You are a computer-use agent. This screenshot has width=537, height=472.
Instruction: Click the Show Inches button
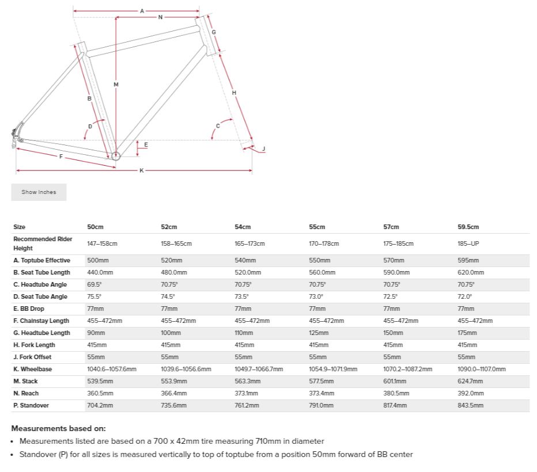click(39, 192)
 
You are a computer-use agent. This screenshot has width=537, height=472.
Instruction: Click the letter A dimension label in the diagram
click(142, 11)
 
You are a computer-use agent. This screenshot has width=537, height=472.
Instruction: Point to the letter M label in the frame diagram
click(116, 85)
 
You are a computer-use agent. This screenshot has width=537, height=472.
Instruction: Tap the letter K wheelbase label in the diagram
click(141, 170)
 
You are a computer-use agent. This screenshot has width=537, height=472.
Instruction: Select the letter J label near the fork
click(263, 149)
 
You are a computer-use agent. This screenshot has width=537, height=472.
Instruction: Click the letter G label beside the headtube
click(214, 32)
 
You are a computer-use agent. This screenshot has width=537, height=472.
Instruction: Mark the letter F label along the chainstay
click(60, 157)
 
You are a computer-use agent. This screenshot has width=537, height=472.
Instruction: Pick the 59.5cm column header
click(468, 227)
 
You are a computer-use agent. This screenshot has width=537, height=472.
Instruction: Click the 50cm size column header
click(95, 227)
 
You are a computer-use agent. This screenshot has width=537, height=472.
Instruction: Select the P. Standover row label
click(31, 405)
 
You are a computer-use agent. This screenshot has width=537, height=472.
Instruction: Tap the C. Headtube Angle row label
click(40, 284)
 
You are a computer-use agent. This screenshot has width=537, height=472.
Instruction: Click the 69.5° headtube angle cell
click(94, 284)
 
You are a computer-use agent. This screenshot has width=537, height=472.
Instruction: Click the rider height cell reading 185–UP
click(468, 243)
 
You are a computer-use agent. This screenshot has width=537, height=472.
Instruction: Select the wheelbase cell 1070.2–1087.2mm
click(407, 369)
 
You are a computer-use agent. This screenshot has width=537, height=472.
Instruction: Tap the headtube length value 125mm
click(318, 333)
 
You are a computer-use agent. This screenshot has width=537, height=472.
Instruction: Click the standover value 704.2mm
click(100, 405)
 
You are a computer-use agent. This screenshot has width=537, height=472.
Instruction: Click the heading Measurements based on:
click(58, 428)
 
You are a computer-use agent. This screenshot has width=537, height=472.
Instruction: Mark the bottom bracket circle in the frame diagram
click(116, 155)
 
